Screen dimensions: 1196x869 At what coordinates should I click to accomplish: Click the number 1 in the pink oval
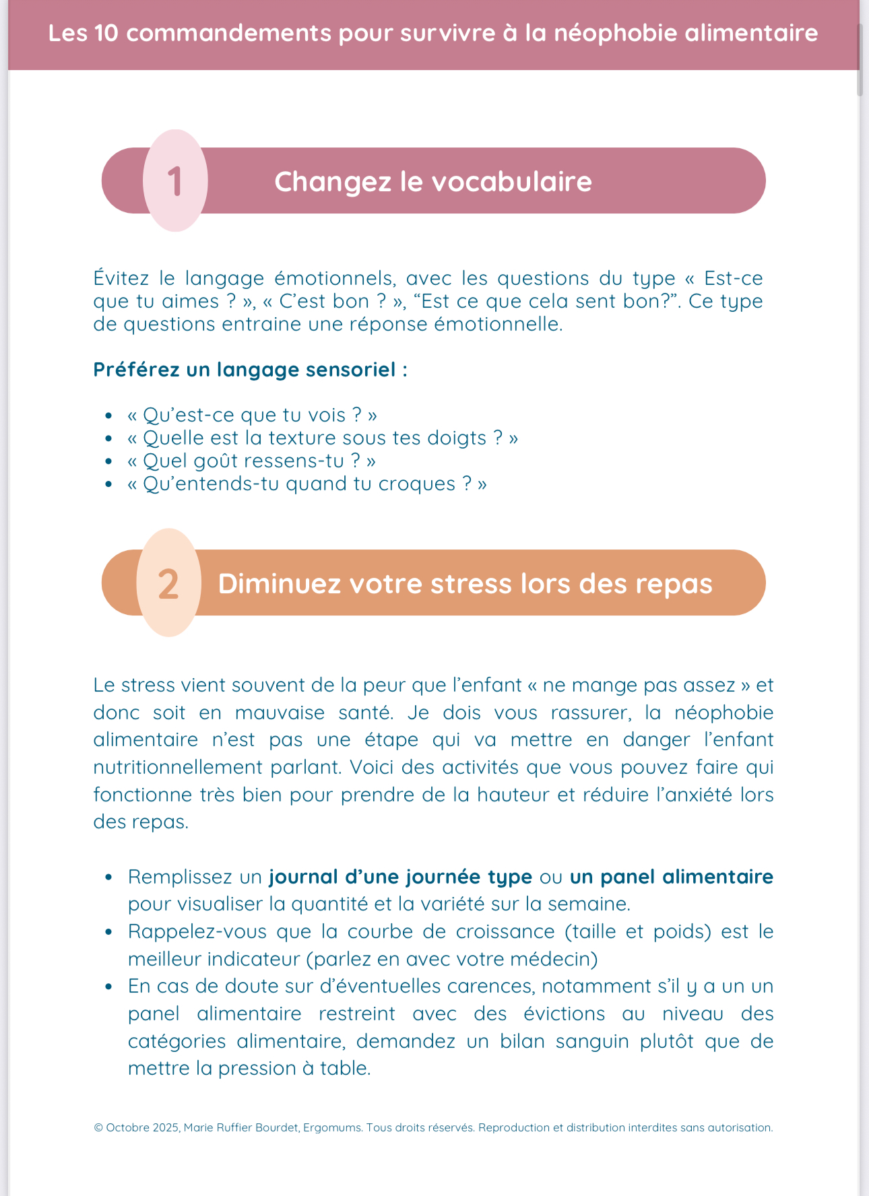pos(175,181)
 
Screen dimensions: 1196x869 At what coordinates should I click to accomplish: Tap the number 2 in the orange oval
pos(168,583)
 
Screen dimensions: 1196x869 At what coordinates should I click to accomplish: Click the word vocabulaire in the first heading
pos(511,182)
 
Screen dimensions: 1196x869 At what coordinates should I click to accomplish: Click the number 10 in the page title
pos(106,33)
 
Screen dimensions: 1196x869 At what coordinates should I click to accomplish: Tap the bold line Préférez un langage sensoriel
pos(250,370)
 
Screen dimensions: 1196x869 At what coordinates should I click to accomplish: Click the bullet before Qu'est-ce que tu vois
pos(108,416)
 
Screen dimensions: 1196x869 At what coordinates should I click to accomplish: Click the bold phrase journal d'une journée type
pos(400,877)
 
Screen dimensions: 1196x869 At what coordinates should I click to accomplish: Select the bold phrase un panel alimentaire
pos(671,877)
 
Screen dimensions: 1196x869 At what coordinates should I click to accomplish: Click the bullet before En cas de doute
pos(108,987)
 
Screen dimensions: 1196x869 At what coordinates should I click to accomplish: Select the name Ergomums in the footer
pos(332,1127)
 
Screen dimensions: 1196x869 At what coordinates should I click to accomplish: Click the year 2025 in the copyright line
pos(166,1127)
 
